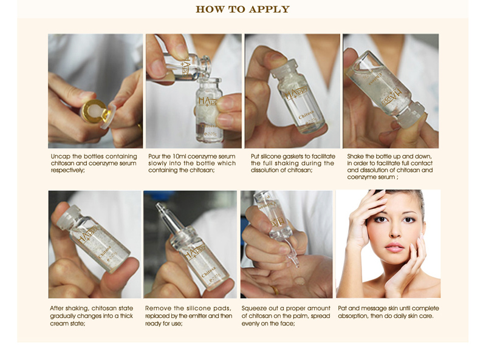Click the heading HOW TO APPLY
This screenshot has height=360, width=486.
coord(242,9)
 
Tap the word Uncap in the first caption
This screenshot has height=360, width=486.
coord(61,156)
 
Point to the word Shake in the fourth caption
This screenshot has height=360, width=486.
coord(357,156)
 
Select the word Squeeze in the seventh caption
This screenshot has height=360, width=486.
coord(255,308)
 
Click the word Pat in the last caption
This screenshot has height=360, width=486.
coord(343,308)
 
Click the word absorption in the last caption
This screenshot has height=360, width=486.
coord(355,316)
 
